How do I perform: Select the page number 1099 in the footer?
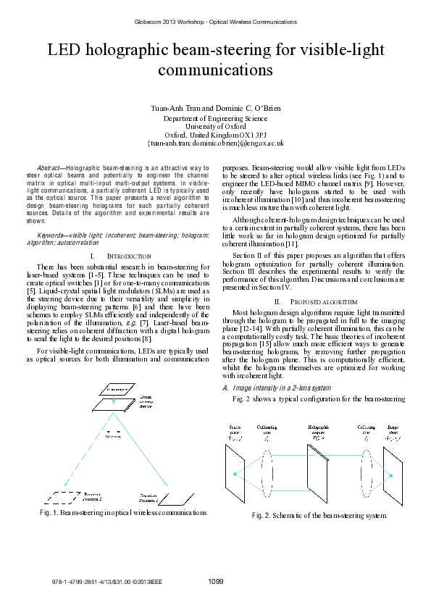point(215,581)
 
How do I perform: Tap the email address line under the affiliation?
point(215,143)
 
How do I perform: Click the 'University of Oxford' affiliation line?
point(215,126)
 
